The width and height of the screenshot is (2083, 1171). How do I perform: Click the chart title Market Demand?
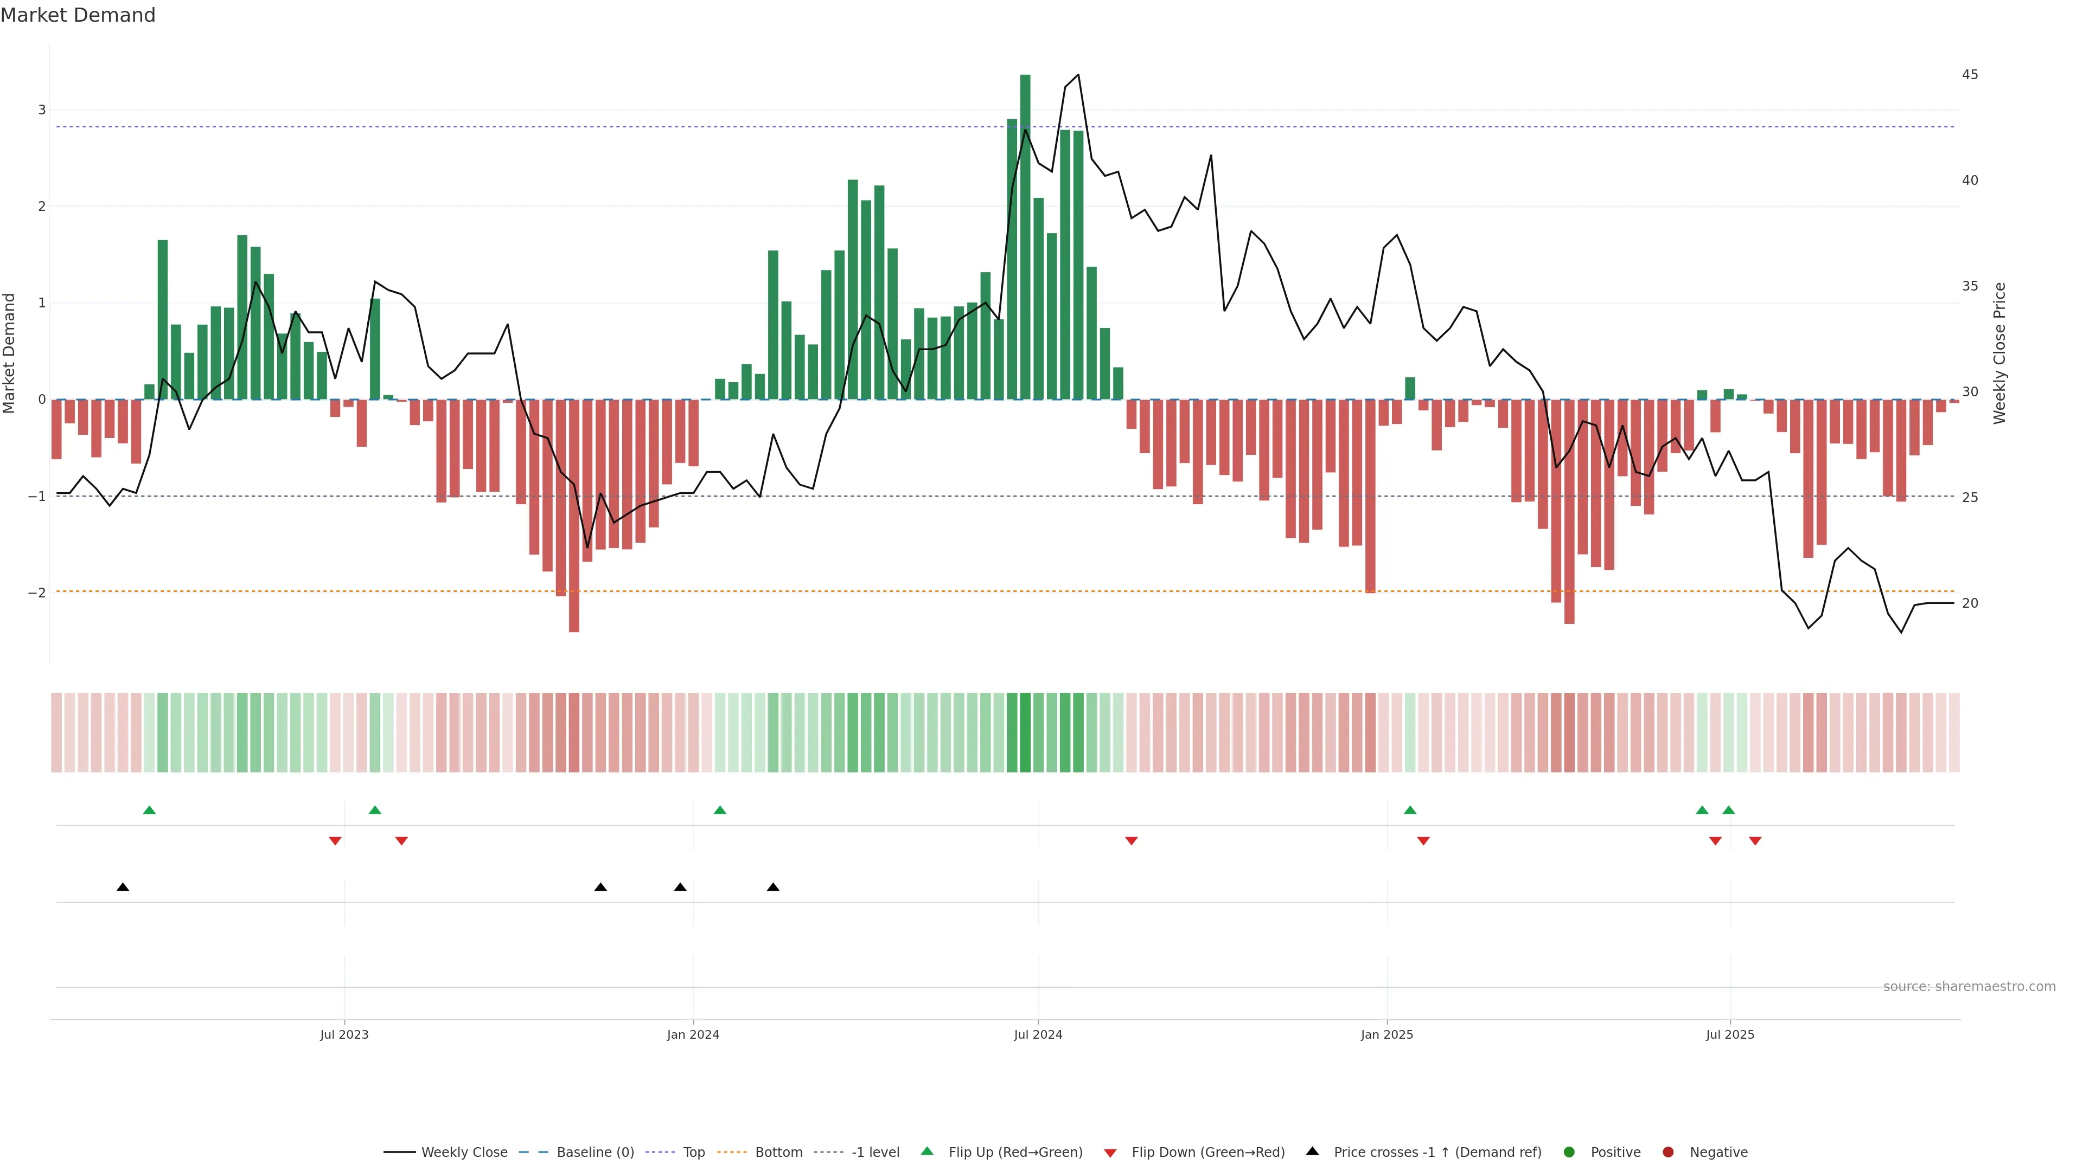[x=78, y=15]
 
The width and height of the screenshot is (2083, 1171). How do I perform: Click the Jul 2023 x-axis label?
[x=344, y=1034]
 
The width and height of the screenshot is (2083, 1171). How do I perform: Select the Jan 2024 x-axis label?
[x=693, y=1034]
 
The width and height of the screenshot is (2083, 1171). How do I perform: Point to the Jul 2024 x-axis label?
[x=1038, y=1034]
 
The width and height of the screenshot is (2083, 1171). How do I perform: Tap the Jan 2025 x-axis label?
[x=1387, y=1034]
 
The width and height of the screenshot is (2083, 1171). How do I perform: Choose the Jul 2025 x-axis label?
[x=1730, y=1034]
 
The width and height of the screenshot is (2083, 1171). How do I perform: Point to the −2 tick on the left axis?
[x=37, y=593]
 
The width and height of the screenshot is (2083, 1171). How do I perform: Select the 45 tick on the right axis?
[x=1970, y=74]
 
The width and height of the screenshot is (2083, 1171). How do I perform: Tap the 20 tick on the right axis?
[x=1970, y=603]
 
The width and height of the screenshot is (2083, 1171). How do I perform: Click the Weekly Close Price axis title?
[x=1999, y=353]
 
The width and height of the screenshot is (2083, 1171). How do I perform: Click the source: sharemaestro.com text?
[x=1969, y=987]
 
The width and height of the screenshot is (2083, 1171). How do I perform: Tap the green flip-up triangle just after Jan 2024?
[x=720, y=810]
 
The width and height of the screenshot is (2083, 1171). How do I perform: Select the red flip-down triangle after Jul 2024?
[x=1131, y=841]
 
